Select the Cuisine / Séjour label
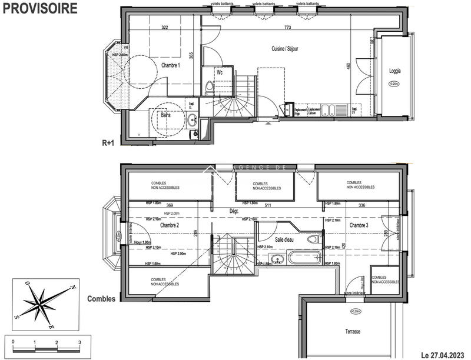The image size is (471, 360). [284, 49]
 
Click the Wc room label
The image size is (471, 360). [219, 73]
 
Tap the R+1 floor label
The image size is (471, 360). [109, 143]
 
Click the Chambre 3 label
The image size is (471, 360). [359, 226]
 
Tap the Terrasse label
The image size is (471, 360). [353, 332]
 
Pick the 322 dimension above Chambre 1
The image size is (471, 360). [165, 28]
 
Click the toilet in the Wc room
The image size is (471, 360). [210, 88]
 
